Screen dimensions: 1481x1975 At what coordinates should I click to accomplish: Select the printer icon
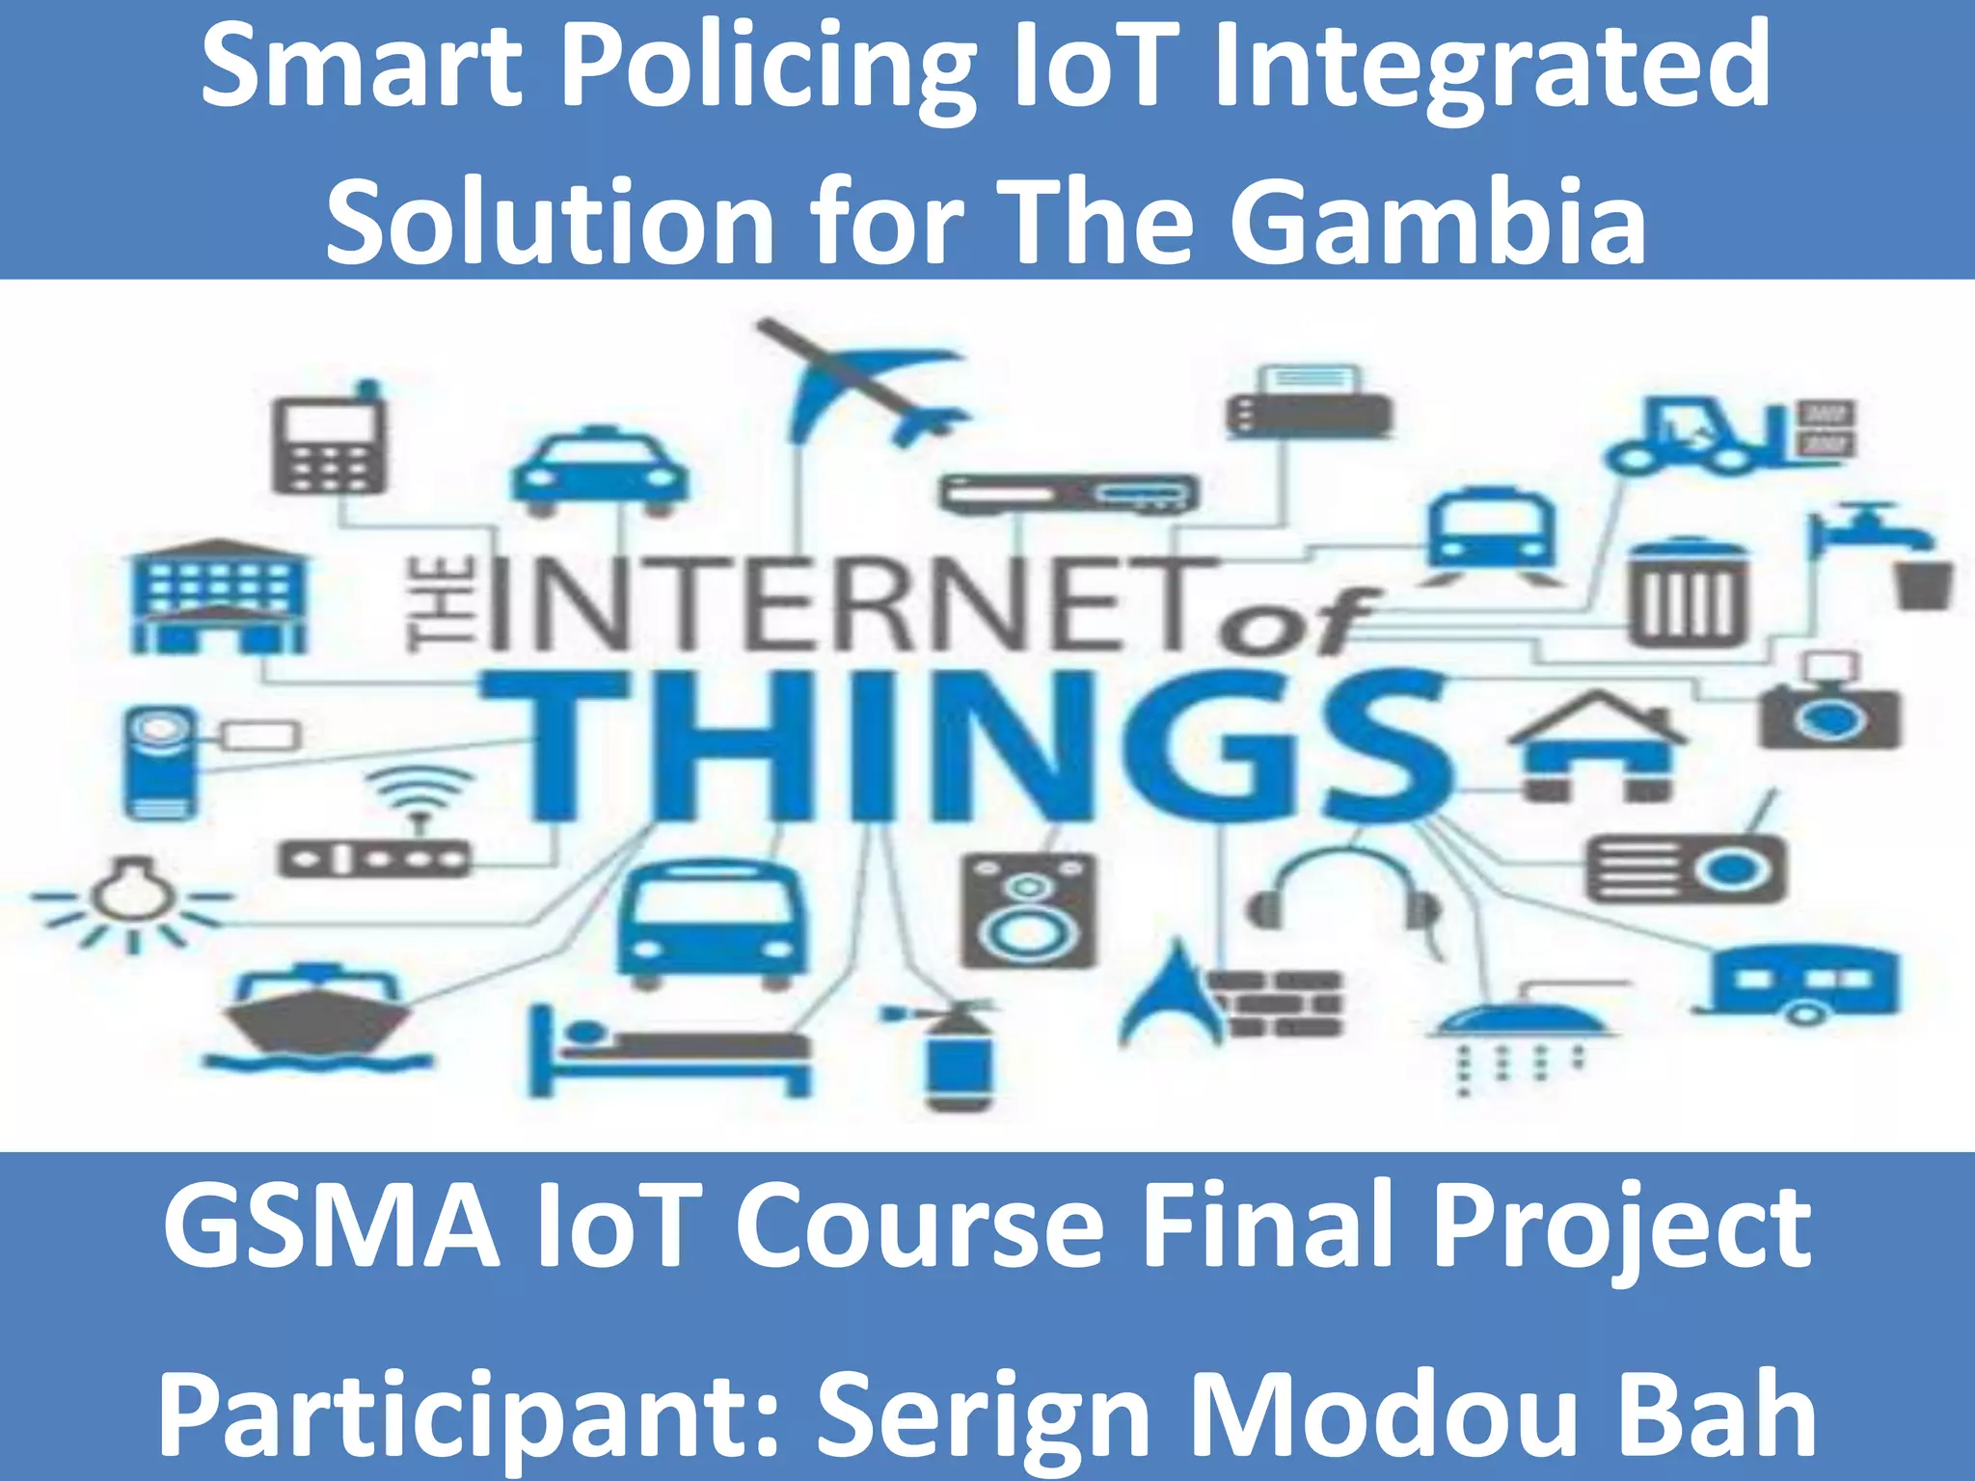pyautogui.click(x=1309, y=405)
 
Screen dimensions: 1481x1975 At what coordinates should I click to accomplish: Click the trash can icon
pyautogui.click(x=1688, y=593)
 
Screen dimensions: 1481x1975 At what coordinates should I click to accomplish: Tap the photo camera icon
pyautogui.click(x=1828, y=709)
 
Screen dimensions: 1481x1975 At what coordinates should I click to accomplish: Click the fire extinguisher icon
pyautogui.click(x=950, y=1056)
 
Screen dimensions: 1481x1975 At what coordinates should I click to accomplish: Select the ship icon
pyautogui.click(x=318, y=1017)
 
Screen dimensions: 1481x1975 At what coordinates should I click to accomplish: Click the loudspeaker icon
pyautogui.click(x=1029, y=911)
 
